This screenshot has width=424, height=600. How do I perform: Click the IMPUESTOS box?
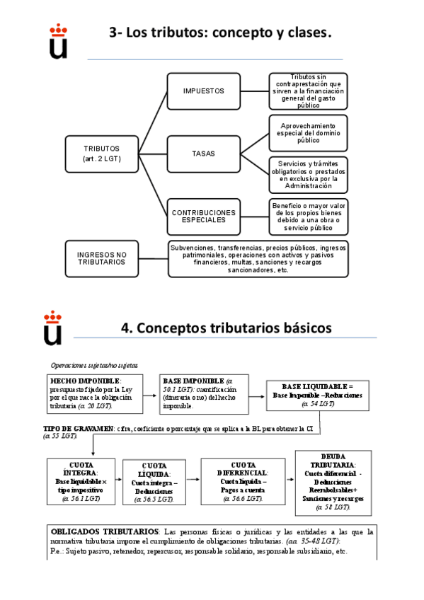click(203, 91)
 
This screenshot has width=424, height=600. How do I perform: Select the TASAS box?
click(203, 154)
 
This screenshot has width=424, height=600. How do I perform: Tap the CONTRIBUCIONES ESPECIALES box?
click(203, 217)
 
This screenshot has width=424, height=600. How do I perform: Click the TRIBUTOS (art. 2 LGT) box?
click(101, 154)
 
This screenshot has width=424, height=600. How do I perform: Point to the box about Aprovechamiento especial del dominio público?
click(308, 133)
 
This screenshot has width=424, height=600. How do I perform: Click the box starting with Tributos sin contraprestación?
click(308, 91)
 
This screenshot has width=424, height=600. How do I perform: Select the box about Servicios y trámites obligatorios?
click(308, 174)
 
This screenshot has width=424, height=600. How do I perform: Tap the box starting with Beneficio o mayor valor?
click(308, 217)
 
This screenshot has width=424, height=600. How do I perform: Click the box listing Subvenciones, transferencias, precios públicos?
click(258, 259)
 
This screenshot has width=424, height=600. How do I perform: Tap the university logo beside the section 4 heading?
click(53, 329)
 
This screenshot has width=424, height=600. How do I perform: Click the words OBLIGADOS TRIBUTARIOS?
click(104, 531)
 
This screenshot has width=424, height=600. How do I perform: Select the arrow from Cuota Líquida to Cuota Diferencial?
click(191, 480)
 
